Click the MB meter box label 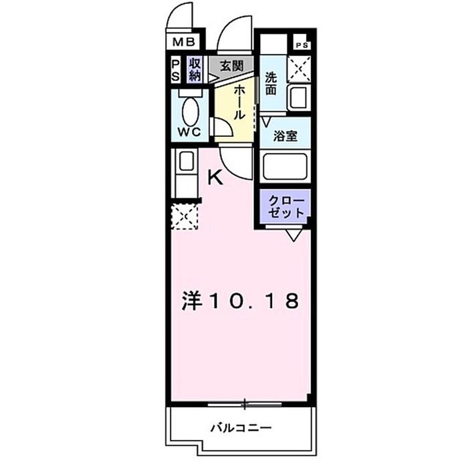pos(184,42)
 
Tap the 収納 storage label pos(195,69)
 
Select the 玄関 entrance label pos(231,66)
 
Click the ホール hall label pos(239,102)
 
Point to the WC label pos(189,132)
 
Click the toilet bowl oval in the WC pos(190,111)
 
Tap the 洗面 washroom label pos(271,84)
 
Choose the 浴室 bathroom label pos(285,136)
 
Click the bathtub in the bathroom pos(285,166)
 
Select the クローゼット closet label pos(285,207)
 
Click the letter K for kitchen pos(215,178)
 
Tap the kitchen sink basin pos(187,161)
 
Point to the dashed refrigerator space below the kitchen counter pos(185,216)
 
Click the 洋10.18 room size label pos(241,300)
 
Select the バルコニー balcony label pos(241,428)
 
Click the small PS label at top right pos(302,45)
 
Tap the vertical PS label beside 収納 pos(176,71)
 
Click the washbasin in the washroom pos(298,97)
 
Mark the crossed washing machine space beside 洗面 pos(299,69)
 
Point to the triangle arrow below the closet pos(294,235)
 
